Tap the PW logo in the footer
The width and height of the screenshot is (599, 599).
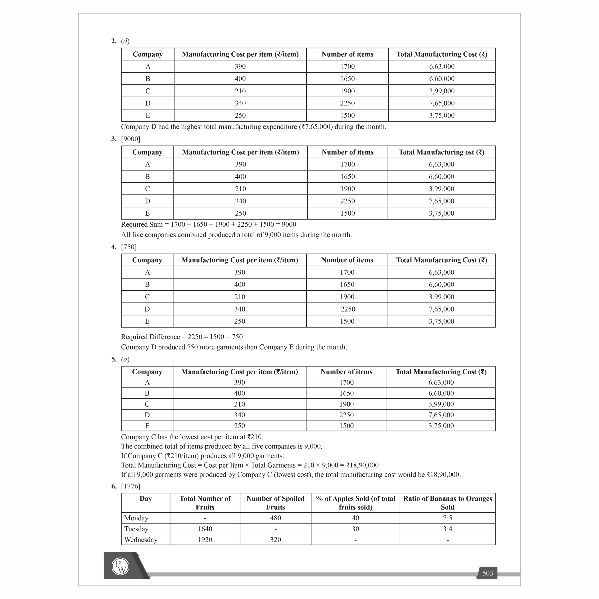[120, 566]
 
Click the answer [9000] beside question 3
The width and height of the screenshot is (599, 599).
[131, 139]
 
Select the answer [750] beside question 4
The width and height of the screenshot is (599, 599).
[129, 247]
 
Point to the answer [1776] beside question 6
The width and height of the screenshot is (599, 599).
[131, 486]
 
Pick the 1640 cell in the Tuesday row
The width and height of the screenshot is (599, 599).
[205, 529]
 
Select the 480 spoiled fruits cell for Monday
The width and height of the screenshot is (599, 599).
[275, 518]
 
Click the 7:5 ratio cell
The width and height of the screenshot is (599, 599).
[448, 518]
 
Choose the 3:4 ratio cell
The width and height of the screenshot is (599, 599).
[448, 529]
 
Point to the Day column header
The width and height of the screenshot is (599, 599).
[146, 499]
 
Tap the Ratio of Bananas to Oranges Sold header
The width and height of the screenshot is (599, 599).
[448, 503]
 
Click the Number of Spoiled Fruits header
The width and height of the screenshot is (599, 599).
[275, 503]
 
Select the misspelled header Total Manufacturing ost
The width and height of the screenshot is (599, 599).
[441, 152]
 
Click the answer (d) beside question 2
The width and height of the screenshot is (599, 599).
[125, 41]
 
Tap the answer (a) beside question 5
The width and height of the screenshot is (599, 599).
[125, 359]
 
